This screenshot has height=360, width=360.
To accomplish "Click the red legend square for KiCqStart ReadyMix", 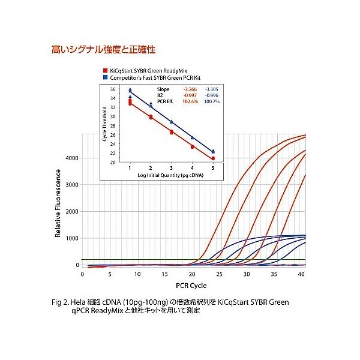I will pyautogui.click(x=104, y=70).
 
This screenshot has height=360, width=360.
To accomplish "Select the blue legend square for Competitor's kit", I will pyautogui.click(x=104, y=77).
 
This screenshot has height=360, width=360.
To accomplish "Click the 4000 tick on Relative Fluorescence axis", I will pyautogui.click(x=71, y=158).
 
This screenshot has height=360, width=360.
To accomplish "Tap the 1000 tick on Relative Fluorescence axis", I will pyautogui.click(x=71, y=238).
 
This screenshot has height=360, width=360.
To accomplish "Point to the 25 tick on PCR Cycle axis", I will pyautogui.click(x=219, y=274).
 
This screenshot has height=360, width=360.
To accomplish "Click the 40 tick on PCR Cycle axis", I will pyautogui.click(x=301, y=274).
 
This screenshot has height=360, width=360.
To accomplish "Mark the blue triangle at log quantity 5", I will pyautogui.click(x=213, y=151).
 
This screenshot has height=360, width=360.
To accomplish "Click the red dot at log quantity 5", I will pyautogui.click(x=213, y=158).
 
